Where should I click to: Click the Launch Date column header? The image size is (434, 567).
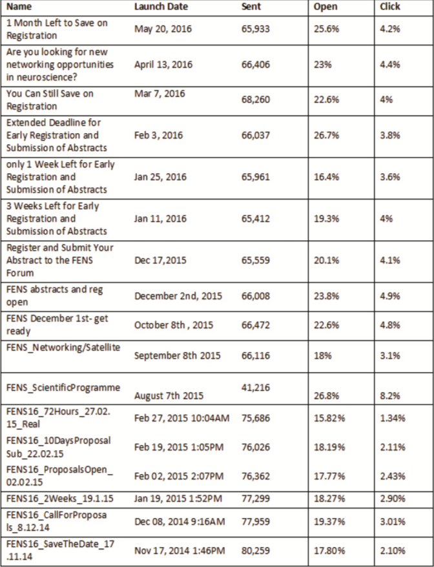tap(161, 6)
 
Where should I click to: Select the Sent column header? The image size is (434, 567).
tap(251, 6)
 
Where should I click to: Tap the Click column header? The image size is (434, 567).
tap(390, 6)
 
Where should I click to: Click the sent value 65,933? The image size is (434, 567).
tap(256, 29)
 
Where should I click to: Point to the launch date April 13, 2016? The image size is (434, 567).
tap(163, 65)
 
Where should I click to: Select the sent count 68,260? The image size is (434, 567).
tap(256, 99)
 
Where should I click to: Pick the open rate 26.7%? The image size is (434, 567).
tap(327, 135)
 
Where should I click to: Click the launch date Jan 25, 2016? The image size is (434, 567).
tap(160, 177)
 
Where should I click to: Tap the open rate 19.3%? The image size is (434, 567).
tap(327, 218)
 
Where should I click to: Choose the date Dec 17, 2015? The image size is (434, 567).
tap(160, 260)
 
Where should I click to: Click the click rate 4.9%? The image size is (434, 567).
tap(390, 296)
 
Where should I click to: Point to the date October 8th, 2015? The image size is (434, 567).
tap(174, 325)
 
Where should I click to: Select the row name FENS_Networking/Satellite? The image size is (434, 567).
tap(63, 347)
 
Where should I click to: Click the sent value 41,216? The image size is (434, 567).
tap(256, 387)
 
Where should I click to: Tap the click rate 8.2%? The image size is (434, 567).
tap(390, 396)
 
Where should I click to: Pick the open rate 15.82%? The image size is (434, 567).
tap(329, 418)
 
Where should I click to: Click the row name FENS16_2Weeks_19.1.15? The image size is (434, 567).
tap(59, 499)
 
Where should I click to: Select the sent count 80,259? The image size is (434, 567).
tap(256, 551)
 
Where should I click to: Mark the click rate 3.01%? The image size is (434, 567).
tap(393, 522)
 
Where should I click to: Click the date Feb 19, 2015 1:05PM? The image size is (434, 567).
tap(179, 448)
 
